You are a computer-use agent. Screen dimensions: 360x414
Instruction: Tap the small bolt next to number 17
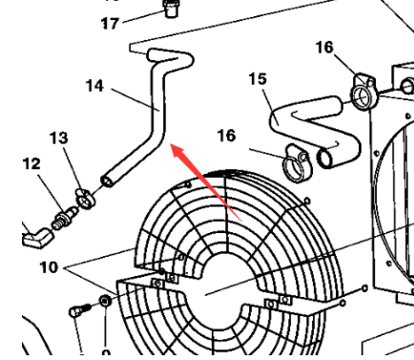pyautogui.click(x=171, y=11)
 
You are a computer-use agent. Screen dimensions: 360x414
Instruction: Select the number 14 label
pyautogui.click(x=94, y=86)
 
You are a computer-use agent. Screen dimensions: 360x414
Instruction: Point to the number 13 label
pyautogui.click(x=59, y=138)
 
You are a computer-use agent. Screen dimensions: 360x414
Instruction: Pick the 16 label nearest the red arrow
pyautogui.click(x=225, y=137)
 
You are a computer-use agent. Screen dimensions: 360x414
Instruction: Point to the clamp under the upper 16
pyautogui.click(x=362, y=91)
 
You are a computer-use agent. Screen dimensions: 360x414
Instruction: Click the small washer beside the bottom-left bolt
pyautogui.click(x=104, y=304)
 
